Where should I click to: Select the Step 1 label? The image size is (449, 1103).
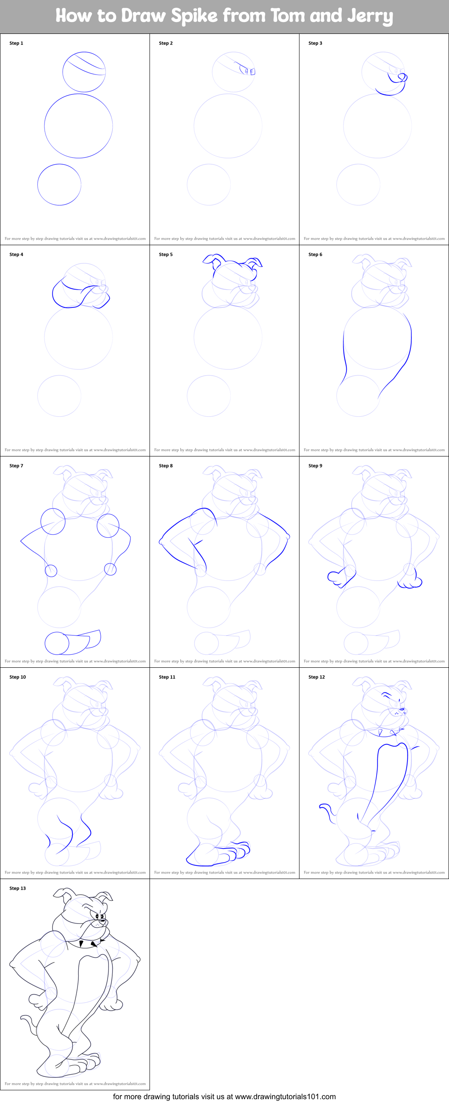coord(16,43)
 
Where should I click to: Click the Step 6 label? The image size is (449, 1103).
coord(315,254)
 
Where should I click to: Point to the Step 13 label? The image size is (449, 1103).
coord(17,888)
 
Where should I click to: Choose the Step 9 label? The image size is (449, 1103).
coord(315,465)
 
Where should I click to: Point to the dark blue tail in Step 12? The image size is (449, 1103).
coord(328,813)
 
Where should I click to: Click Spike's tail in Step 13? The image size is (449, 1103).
coord(29,1023)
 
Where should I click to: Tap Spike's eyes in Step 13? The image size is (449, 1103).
coord(100,917)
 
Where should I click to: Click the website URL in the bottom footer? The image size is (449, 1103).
coord(285,1097)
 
